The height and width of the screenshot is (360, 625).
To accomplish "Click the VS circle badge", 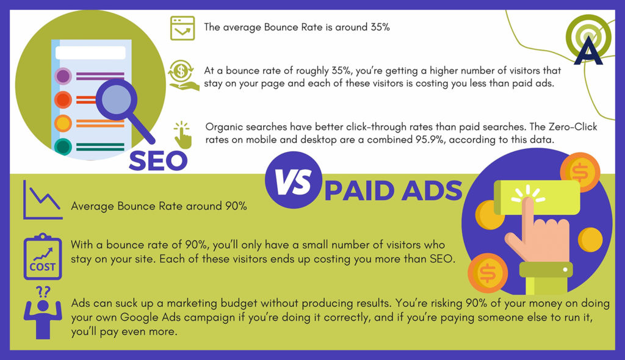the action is click(x=294, y=180).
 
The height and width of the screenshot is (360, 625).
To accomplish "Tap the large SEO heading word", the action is click(x=158, y=161).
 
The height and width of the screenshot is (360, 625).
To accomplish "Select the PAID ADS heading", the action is click(x=394, y=191).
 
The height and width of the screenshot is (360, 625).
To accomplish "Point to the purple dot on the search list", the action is click(x=63, y=76).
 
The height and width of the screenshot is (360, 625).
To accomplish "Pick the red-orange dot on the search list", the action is click(x=63, y=99).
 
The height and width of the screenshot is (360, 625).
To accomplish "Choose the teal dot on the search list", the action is click(x=63, y=146).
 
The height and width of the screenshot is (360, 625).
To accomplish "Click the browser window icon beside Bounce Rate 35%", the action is click(x=182, y=28).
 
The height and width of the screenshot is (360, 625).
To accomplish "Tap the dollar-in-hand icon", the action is click(x=182, y=75).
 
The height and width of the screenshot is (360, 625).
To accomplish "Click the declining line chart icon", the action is click(x=43, y=200).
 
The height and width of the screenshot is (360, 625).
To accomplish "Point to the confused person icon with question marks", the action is click(x=43, y=313).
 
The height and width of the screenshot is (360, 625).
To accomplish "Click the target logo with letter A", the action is click(x=588, y=40).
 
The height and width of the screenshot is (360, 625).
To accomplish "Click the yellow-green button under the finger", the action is click(x=536, y=197).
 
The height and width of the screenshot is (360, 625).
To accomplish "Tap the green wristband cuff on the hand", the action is click(x=546, y=270).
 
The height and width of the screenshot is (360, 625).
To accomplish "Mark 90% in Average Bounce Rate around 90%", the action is click(x=236, y=206).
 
